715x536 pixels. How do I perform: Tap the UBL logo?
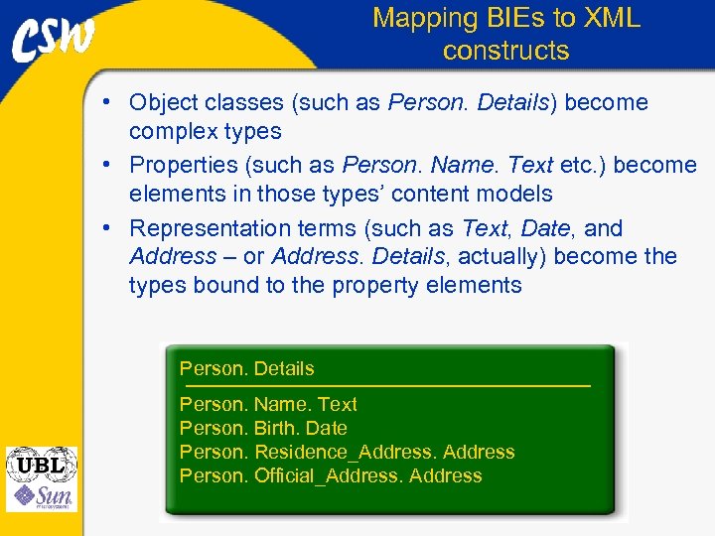point(41,465)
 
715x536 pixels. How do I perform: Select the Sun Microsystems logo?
point(41,496)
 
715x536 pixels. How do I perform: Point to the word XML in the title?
point(613,18)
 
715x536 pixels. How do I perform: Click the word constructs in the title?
point(505,51)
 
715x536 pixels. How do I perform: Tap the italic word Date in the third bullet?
point(545,229)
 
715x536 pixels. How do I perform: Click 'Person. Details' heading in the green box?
point(246,368)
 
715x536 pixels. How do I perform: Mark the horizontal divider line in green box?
point(384,385)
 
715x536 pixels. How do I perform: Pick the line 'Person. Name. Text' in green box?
point(268,404)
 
